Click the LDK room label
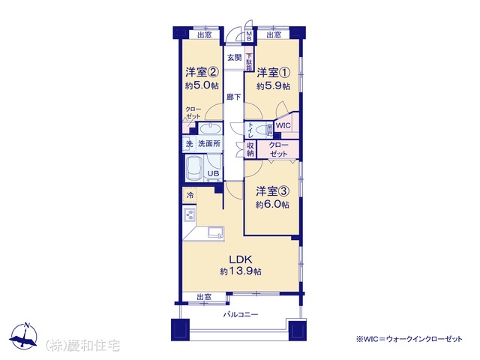[241, 259]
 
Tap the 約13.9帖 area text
[241, 271]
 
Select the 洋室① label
[273, 73]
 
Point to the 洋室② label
[202, 73]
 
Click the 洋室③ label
[273, 192]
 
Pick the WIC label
[283, 125]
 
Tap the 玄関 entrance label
[234, 58]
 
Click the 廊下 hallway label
[233, 97]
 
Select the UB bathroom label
[213, 173]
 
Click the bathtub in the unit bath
[195, 169]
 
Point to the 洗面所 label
[209, 143]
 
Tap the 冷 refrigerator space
[190, 195]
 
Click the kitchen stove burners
[189, 215]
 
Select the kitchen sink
[216, 232]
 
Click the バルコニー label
[241, 314]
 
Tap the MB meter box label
[249, 36]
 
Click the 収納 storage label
[250, 149]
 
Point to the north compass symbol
[23, 336]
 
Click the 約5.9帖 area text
[273, 86]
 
